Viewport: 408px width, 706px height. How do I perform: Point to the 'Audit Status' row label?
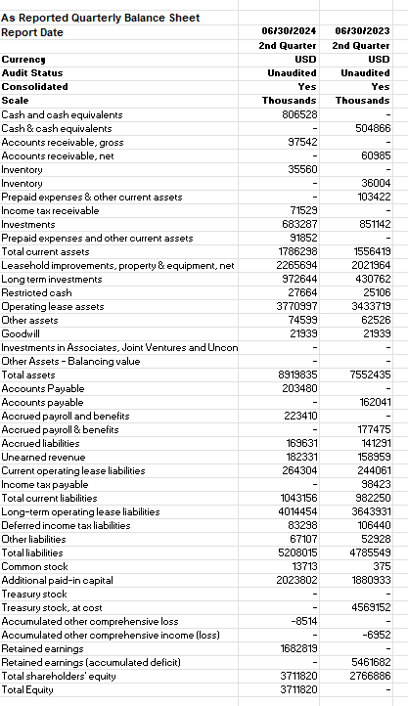point(29,73)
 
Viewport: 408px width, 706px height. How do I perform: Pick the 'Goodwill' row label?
point(21,333)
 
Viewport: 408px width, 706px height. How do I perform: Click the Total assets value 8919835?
point(296,375)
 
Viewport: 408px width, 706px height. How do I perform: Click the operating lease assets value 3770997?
point(296,306)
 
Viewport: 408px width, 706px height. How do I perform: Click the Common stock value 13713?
point(300,566)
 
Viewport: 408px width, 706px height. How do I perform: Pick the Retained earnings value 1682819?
point(296,648)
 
